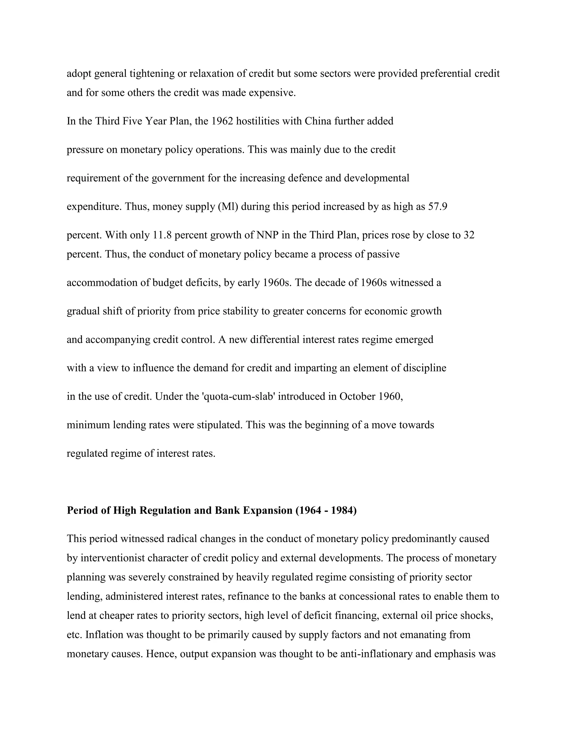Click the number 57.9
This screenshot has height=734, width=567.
[x=438, y=206]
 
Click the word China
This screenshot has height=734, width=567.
[x=318, y=121]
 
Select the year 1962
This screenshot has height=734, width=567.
[x=222, y=121]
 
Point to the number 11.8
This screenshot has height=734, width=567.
[x=162, y=235]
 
